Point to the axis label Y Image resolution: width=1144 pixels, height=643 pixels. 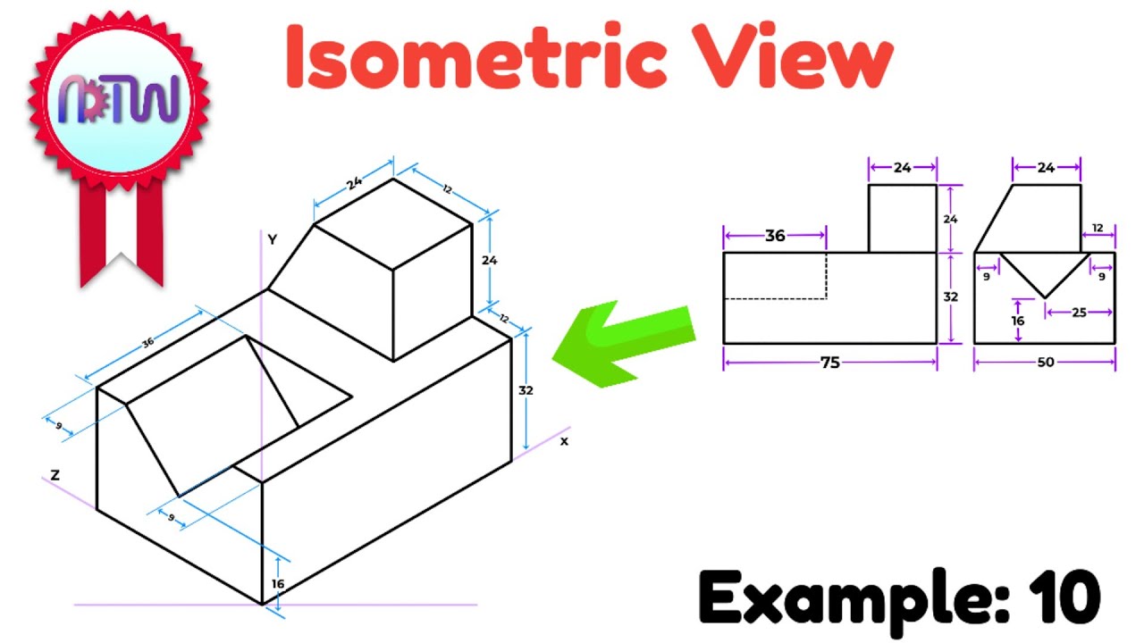pyautogui.click(x=272, y=239)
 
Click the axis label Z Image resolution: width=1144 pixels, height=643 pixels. pyautogui.click(x=55, y=476)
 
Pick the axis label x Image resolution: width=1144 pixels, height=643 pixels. pyautogui.click(x=564, y=441)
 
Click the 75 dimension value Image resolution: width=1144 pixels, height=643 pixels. pyautogui.click(x=829, y=363)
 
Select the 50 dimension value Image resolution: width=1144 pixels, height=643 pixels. pyautogui.click(x=1045, y=363)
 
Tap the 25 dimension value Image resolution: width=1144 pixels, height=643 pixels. pyautogui.click(x=1079, y=313)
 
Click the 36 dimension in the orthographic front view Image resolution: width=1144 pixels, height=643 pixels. pyautogui.click(x=775, y=236)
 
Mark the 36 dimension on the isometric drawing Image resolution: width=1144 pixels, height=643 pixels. pyautogui.click(x=147, y=344)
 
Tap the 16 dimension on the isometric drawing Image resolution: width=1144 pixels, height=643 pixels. pyautogui.click(x=278, y=583)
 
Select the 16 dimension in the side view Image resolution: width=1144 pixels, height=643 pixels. pyautogui.click(x=1017, y=320)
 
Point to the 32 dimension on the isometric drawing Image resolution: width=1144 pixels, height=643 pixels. pyautogui.click(x=526, y=390)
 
